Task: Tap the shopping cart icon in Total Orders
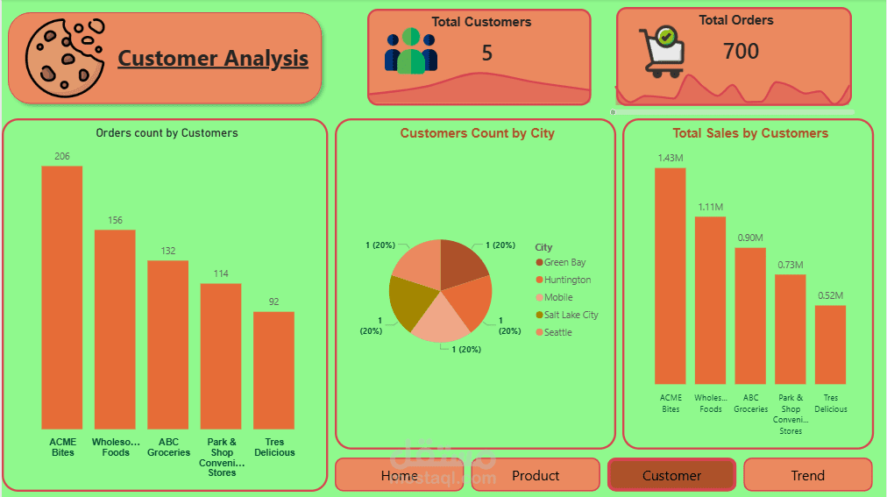pyautogui.click(x=662, y=51)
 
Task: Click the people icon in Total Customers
pyautogui.click(x=410, y=52)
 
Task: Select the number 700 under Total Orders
pyautogui.click(x=741, y=52)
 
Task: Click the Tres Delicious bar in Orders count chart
pyautogui.click(x=273, y=369)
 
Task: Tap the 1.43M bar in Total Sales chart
pyautogui.click(x=671, y=275)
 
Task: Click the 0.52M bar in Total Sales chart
pyautogui.click(x=830, y=344)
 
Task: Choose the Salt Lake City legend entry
pyautogui.click(x=571, y=315)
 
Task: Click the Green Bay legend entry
pyautogui.click(x=564, y=262)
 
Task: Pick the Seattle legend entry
pyautogui.click(x=557, y=332)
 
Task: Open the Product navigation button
pyautogui.click(x=536, y=476)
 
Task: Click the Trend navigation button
pyautogui.click(x=807, y=476)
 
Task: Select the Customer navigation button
pyautogui.click(x=671, y=476)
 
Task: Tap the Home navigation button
pyautogui.click(x=400, y=476)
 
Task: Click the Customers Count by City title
pyautogui.click(x=477, y=133)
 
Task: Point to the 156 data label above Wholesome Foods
pyautogui.click(x=115, y=220)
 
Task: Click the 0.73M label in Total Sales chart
pyautogui.click(x=791, y=265)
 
